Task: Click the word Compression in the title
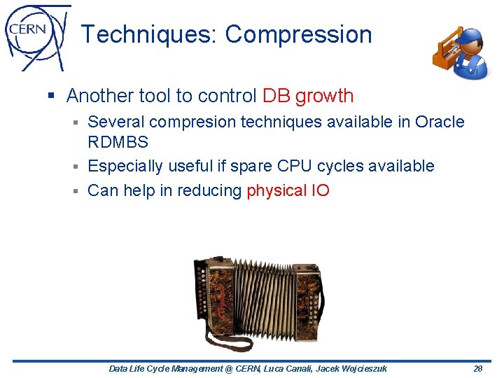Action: (299, 34)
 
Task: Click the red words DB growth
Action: (308, 96)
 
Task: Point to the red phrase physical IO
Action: (288, 190)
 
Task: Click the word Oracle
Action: (440, 122)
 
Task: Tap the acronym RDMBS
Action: (118, 143)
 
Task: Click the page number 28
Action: (478, 369)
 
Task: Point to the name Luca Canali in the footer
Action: (290, 369)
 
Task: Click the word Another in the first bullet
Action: (101, 96)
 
